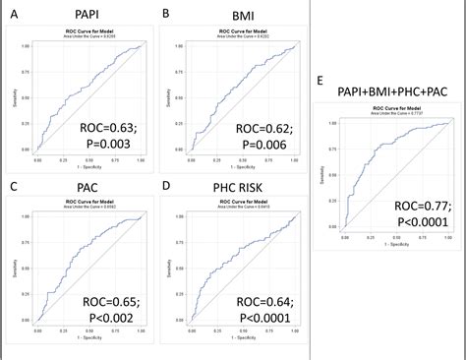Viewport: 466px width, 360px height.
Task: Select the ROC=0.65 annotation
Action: pos(109,303)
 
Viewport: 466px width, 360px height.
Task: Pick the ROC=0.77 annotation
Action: pos(420,206)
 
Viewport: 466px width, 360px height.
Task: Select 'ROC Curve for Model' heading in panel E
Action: pos(387,108)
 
